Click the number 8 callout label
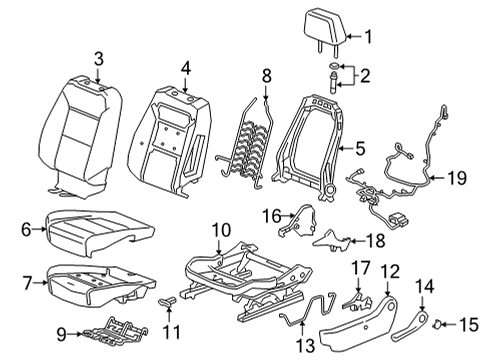(266, 76)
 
